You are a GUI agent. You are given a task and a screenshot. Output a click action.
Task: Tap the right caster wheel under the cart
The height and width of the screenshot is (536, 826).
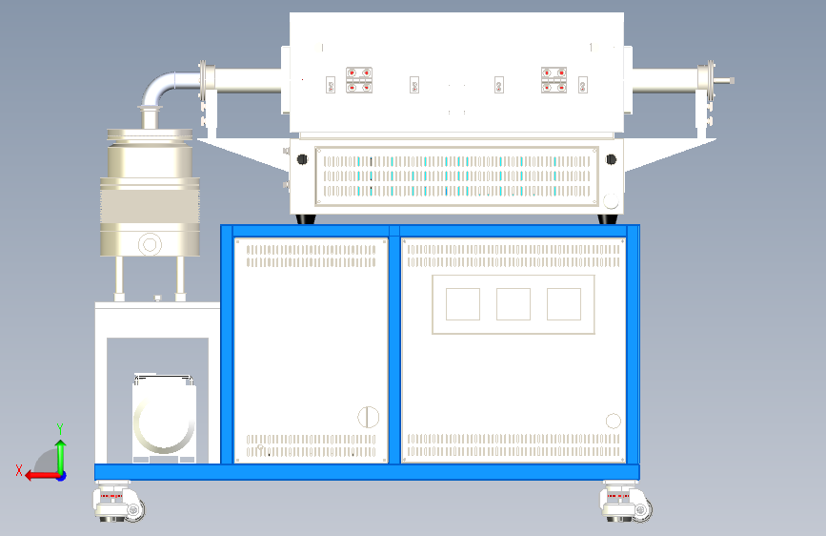[627, 503]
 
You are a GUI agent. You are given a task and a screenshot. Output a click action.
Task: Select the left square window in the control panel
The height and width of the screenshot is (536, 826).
[463, 304]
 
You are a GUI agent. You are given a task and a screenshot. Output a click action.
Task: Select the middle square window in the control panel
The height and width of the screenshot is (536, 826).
[514, 304]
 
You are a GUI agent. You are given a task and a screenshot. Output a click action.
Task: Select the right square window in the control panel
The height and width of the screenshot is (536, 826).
[564, 304]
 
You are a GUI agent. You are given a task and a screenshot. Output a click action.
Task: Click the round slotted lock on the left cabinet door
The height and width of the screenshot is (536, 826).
[368, 416]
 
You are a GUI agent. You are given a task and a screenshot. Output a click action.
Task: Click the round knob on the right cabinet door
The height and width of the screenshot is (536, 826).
[614, 421]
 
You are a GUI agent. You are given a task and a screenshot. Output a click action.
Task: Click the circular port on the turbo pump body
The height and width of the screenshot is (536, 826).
[150, 245]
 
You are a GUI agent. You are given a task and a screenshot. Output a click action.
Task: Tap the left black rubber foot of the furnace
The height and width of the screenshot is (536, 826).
[307, 219]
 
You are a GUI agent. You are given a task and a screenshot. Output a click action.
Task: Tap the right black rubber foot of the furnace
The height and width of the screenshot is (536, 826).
[607, 219]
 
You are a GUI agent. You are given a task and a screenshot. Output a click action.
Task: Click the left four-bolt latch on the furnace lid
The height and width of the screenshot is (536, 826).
[359, 80]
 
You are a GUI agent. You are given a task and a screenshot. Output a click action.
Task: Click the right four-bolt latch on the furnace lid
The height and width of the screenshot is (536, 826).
[554, 80]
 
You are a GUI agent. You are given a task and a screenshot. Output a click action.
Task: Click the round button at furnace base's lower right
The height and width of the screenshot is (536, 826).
[610, 200]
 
